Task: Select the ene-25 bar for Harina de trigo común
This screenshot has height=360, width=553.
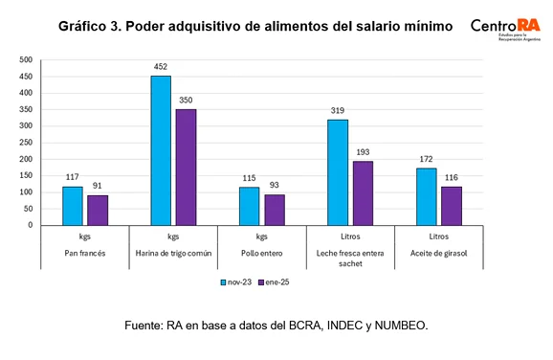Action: [x=187, y=168]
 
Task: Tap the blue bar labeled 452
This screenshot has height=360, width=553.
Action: [x=161, y=150]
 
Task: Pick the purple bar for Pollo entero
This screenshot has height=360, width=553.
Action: [x=275, y=210]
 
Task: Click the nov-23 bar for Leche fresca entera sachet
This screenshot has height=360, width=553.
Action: [x=338, y=172]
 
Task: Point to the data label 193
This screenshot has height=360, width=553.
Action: [x=364, y=152]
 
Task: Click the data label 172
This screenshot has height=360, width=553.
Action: [x=426, y=159]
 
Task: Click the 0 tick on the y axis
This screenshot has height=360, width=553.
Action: [x=31, y=226]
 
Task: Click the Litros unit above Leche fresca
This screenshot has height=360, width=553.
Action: [x=350, y=235]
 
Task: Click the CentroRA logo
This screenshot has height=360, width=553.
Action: [x=506, y=26]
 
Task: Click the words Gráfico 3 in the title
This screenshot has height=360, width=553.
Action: [x=100, y=26]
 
